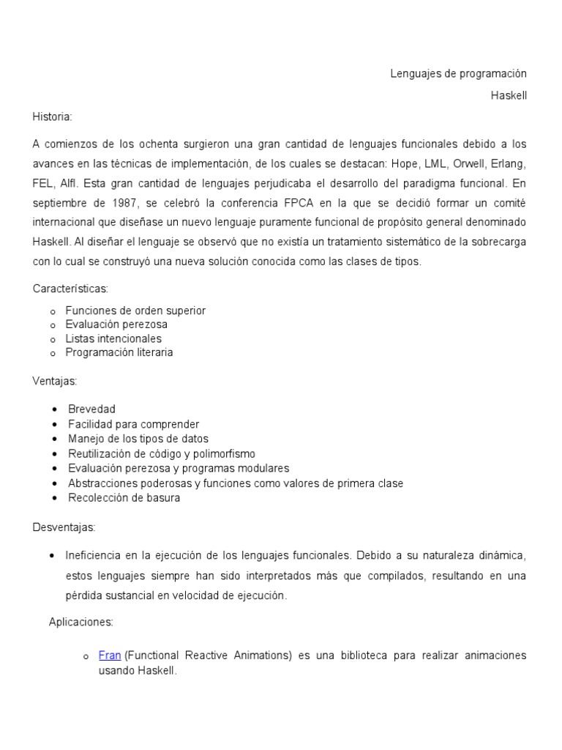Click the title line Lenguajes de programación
457,74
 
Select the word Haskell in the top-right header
509,95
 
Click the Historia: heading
53,116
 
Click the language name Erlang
508,163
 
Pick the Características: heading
70,289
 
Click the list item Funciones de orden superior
135,311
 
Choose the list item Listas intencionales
113,338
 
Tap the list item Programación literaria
119,352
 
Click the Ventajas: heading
55,382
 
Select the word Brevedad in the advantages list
91,409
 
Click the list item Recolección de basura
124,498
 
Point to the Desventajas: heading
64,527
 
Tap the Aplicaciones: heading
80,622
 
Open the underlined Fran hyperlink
110,656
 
